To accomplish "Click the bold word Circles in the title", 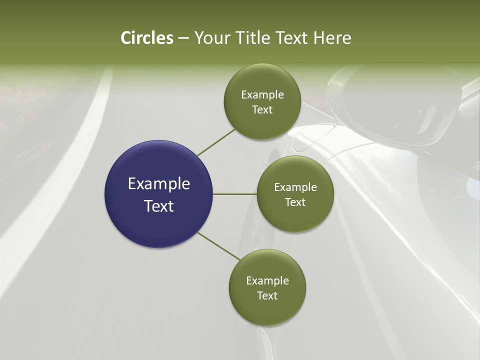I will point(146,38).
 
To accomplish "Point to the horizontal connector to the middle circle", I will point(235,193).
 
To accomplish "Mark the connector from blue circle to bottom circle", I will point(218,246).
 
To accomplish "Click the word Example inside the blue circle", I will point(159,183).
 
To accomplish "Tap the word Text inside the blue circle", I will point(159,205).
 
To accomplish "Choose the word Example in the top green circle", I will point(262,94).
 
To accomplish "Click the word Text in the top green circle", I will point(262,109).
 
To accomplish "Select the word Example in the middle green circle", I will point(295,187).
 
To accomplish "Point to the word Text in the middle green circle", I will point(295,202).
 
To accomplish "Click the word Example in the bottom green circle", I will point(267,280).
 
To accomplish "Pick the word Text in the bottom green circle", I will point(267,295).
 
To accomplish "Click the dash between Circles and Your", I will point(183,38).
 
